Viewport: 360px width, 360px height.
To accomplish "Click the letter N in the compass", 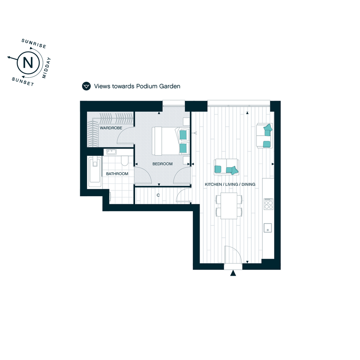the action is (x=28, y=62).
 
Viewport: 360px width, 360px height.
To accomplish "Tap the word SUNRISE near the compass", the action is (x=34, y=43).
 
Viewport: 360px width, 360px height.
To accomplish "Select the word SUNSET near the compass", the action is (x=23, y=82).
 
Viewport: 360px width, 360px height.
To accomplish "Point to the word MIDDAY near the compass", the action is (x=46, y=68).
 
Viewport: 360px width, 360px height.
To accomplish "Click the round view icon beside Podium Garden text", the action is (x=86, y=86).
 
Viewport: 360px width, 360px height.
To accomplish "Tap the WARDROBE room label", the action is (x=111, y=128).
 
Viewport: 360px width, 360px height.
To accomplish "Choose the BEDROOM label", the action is (x=162, y=164).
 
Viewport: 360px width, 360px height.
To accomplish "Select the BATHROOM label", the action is (x=117, y=174).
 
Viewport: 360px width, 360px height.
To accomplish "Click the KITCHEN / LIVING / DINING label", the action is (x=230, y=184).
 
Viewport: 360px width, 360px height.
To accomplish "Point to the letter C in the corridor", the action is (x=158, y=195).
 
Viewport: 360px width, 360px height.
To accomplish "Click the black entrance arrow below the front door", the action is (x=233, y=273).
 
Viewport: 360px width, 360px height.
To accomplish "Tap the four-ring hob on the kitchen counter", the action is (x=269, y=204).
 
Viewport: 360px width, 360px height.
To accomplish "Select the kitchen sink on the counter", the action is (x=268, y=228).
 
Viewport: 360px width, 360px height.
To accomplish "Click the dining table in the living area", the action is (x=229, y=206).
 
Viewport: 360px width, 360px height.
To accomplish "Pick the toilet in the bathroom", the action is (x=125, y=160).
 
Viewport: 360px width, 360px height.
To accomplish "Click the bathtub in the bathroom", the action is (x=94, y=172).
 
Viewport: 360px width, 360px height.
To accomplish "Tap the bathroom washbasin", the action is (x=111, y=152).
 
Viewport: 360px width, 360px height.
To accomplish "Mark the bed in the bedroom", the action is (x=171, y=141).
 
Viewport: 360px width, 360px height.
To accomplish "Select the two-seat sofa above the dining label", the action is (x=226, y=167).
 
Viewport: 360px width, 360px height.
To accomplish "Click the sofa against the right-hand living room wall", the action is (x=264, y=136).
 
